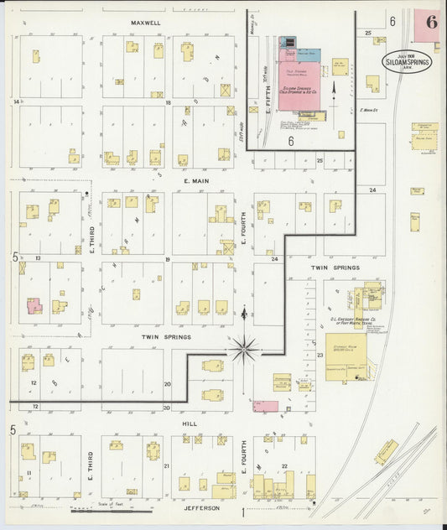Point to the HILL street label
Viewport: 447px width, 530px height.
pos(190,424)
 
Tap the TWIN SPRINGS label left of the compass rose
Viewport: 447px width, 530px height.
pos(167,337)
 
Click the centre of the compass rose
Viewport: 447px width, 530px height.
pos(245,347)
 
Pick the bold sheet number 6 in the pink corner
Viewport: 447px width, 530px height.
pos(430,23)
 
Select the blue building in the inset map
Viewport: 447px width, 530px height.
pos(288,41)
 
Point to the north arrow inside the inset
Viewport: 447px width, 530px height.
pos(335,86)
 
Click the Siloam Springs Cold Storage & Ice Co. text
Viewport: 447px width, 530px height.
pos(295,91)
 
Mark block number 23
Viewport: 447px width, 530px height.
pos(320,356)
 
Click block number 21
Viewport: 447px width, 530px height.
pos(167,465)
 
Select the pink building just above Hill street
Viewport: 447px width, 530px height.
pos(266,406)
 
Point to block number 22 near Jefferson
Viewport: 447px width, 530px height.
pos(284,465)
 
